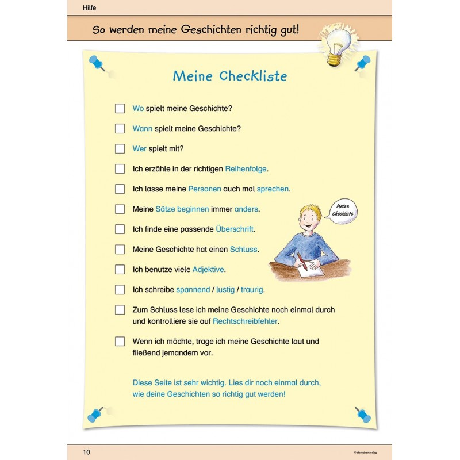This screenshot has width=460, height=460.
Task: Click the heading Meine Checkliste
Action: pos(230,76)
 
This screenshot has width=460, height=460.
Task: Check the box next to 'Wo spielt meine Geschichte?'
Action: pos(120,108)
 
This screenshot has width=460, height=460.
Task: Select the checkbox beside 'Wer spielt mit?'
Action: pos(120,148)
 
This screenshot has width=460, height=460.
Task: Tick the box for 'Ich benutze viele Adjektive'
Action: pos(120,269)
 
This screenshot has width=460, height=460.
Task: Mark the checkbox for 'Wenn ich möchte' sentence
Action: pos(120,341)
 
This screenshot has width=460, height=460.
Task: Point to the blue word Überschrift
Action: pos(235,229)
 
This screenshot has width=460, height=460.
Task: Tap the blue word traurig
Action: pos(253,289)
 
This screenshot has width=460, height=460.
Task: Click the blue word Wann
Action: pos(143,128)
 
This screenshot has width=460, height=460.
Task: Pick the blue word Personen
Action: pos(204,189)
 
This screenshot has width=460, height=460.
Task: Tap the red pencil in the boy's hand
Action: pos(301,259)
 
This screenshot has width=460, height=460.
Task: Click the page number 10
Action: pos(86,452)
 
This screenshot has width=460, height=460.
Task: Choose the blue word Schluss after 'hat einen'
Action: pos(243,249)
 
